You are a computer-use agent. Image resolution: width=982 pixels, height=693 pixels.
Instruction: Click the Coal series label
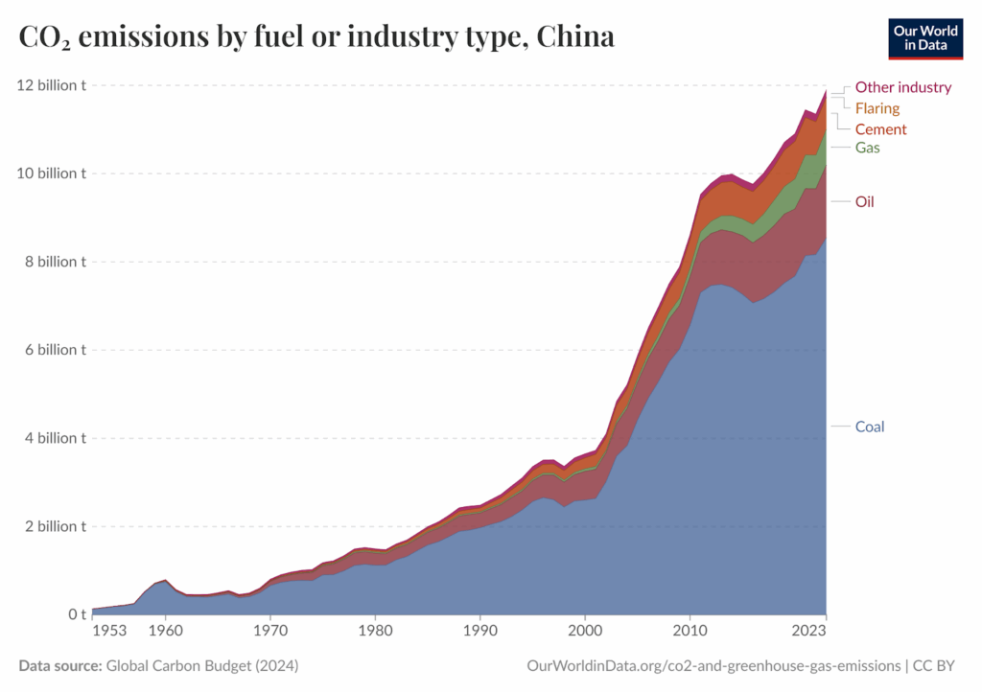pos(869,427)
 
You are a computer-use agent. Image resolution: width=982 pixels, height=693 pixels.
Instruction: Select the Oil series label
pos(864,201)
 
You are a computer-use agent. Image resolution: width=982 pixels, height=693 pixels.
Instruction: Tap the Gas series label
pos(867,148)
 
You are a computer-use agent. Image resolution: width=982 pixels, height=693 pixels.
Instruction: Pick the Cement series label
pos(880,129)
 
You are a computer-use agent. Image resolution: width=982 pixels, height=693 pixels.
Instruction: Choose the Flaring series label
pos(877,108)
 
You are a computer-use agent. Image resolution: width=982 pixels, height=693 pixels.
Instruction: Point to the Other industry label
pos(902,87)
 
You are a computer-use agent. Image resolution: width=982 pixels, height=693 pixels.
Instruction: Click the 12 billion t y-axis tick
pos(51,85)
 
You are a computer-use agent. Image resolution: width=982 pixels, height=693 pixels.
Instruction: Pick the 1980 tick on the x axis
pos(375,632)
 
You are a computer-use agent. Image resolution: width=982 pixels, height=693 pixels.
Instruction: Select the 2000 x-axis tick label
pos(585,632)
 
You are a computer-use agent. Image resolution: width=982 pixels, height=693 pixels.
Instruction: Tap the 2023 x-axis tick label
pos(808,632)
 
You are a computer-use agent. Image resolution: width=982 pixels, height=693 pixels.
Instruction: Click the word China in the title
pos(575,37)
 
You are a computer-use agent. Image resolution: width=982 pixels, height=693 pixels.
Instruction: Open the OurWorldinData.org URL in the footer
pos(713,665)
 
